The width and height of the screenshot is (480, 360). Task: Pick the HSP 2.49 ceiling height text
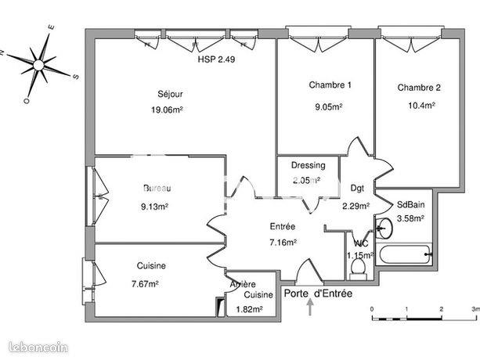216,59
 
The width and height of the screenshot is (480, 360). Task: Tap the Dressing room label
307,166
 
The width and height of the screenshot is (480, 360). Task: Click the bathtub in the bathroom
403,253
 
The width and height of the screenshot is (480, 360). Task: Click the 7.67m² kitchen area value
145,284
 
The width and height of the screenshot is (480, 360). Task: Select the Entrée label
283,226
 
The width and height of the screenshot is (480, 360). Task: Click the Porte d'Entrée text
317,294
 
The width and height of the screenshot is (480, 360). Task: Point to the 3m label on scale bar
475,310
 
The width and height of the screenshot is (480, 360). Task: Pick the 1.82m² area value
249,309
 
